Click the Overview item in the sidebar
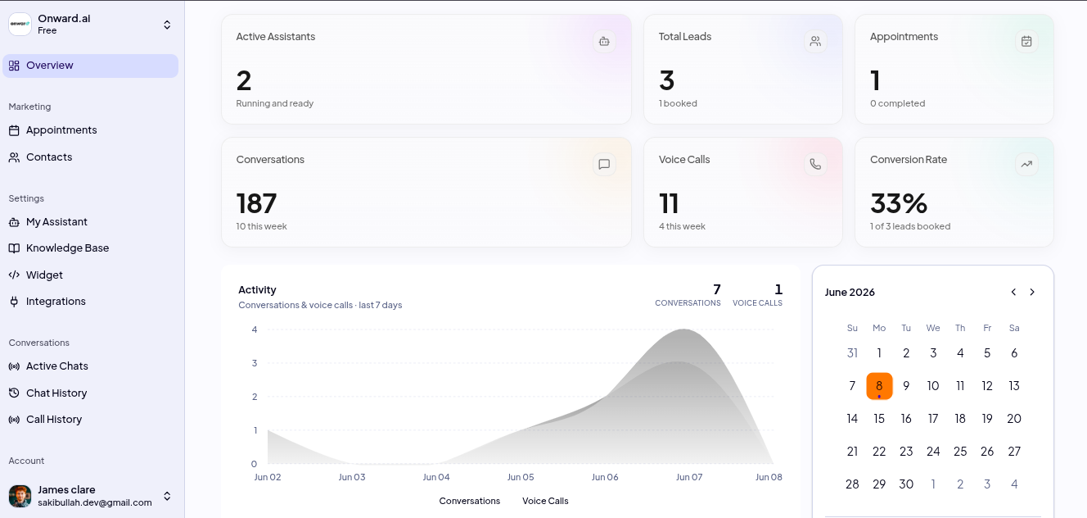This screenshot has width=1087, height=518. [90, 66]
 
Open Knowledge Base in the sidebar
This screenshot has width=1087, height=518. [67, 248]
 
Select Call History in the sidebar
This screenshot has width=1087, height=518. [53, 420]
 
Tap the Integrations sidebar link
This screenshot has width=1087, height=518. [56, 302]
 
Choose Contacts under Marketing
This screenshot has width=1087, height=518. [48, 157]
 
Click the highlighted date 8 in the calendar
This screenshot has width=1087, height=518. [879, 386]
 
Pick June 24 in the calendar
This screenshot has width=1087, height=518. [932, 452]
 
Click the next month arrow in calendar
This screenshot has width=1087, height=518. [1032, 292]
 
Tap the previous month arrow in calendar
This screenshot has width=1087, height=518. [1013, 292]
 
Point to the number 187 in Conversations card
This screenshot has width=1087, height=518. [256, 203]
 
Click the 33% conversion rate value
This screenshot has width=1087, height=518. [899, 203]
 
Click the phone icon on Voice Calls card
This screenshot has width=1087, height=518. [815, 164]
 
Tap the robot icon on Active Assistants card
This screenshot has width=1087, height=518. [604, 41]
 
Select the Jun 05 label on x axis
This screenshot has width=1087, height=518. [521, 477]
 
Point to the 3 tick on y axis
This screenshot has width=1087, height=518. [255, 363]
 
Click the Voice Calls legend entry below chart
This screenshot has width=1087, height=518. [545, 501]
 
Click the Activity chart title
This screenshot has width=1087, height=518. [257, 290]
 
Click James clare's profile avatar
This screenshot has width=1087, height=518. [20, 496]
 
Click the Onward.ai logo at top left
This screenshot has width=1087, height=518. [20, 24]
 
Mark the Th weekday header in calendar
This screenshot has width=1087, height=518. [960, 328]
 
